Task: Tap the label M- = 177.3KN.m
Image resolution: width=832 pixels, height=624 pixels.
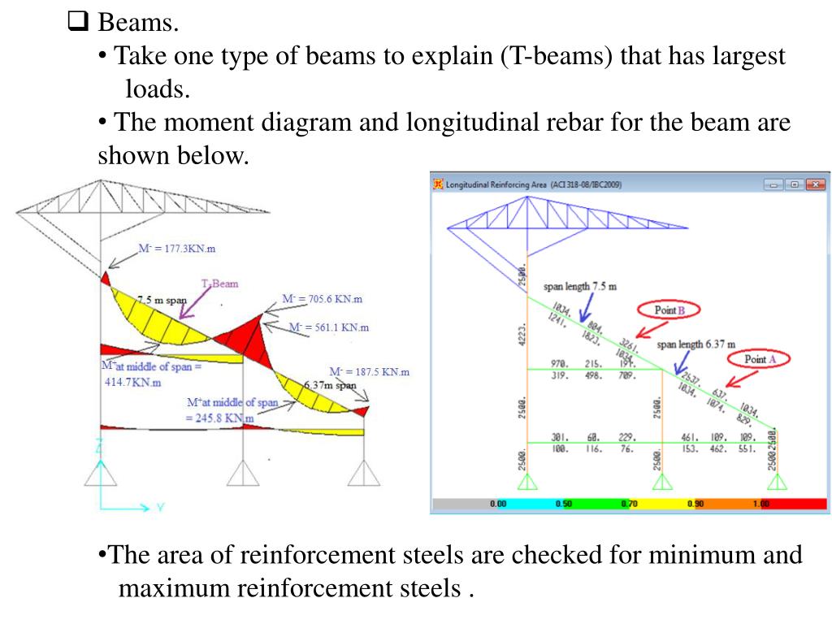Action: pyautogui.click(x=176, y=248)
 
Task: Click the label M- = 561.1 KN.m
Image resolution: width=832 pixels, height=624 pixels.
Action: pyautogui.click(x=328, y=327)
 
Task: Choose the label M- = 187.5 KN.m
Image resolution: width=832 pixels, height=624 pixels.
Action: pyautogui.click(x=369, y=371)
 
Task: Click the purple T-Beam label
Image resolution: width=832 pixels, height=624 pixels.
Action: pyautogui.click(x=220, y=284)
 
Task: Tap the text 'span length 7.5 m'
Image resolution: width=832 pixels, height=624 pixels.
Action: pyautogui.click(x=580, y=286)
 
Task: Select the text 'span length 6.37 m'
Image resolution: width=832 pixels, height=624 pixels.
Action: pyautogui.click(x=695, y=344)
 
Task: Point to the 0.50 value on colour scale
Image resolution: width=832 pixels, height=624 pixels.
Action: pyautogui.click(x=563, y=504)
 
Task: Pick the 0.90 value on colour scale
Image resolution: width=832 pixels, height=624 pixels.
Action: pyautogui.click(x=695, y=504)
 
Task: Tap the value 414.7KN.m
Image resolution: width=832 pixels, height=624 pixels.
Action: pyautogui.click(x=133, y=382)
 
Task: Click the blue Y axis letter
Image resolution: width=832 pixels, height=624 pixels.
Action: pyautogui.click(x=160, y=508)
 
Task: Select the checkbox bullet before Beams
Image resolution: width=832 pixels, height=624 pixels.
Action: pyautogui.click(x=77, y=22)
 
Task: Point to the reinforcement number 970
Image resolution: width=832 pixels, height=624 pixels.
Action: pyautogui.click(x=559, y=363)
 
